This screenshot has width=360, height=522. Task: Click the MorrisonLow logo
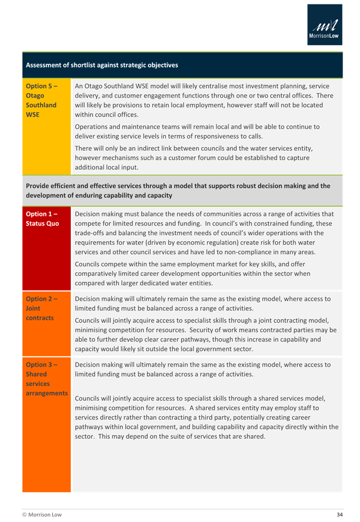(x=324, y=25)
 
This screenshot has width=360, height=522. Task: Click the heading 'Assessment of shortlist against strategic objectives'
(x=102, y=65)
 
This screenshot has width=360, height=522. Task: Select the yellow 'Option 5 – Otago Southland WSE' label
(x=42, y=100)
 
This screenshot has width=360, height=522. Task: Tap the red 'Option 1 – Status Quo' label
(x=42, y=219)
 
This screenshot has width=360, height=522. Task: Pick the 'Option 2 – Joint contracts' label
(x=41, y=308)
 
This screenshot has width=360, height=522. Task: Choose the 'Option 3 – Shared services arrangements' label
(x=46, y=379)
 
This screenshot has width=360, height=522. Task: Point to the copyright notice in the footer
(x=42, y=514)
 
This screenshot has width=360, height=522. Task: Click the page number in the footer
(x=338, y=514)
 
